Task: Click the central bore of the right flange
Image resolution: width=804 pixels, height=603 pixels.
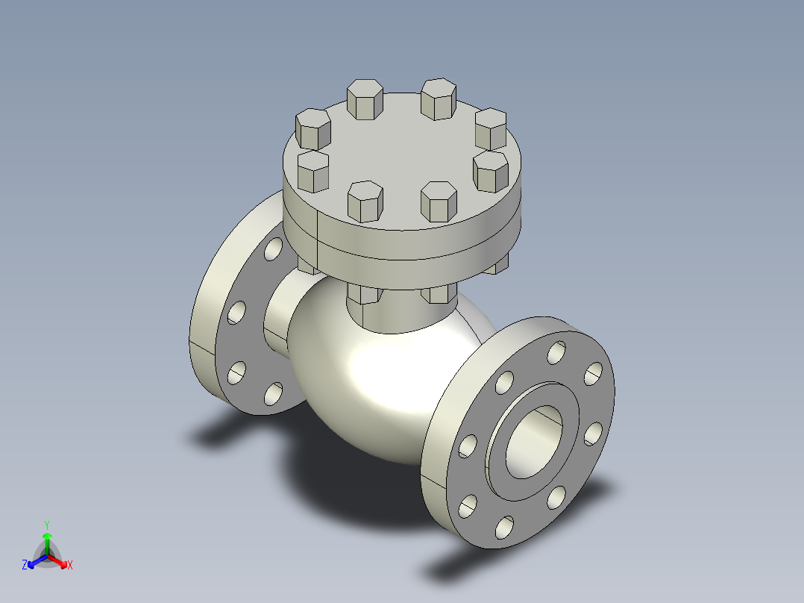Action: tap(533, 442)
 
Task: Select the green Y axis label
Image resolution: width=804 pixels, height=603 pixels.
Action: tap(46, 524)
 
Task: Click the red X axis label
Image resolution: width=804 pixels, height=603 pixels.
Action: tap(69, 565)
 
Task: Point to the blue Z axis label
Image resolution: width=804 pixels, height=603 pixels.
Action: tap(25, 565)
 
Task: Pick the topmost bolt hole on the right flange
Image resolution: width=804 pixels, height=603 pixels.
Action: tap(556, 352)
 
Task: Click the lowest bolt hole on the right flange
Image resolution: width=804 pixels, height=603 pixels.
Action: tap(505, 527)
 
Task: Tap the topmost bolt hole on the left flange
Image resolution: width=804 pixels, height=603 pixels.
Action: tap(274, 249)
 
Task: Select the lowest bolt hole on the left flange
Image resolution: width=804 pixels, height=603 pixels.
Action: tap(274, 393)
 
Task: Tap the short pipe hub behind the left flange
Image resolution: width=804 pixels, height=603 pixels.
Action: tap(277, 313)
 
